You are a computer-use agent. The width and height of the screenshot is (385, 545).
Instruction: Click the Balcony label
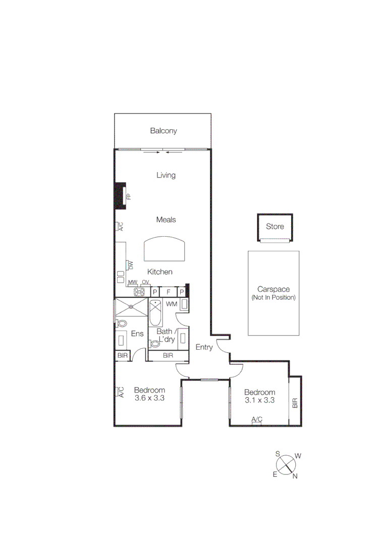tap(163, 131)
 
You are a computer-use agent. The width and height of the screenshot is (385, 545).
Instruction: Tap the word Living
tap(166, 175)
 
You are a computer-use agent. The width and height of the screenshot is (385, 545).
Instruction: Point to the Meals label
tap(166, 220)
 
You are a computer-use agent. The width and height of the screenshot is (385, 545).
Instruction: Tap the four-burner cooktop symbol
tap(139, 292)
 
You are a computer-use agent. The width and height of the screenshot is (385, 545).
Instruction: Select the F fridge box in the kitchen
tap(169, 292)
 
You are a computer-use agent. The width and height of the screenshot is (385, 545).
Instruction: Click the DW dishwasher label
tap(130, 264)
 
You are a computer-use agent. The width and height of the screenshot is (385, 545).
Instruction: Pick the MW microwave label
tap(132, 282)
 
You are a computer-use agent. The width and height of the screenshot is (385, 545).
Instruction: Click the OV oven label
tap(145, 282)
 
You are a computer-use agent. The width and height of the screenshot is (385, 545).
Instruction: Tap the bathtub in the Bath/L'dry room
tap(155, 312)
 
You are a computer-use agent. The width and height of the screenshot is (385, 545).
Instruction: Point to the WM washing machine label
tap(172, 304)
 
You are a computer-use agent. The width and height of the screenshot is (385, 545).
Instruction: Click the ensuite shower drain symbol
tap(131, 306)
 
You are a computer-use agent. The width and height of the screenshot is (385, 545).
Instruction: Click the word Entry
tap(204, 347)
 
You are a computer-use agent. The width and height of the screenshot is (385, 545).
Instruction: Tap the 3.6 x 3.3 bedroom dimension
tap(150, 398)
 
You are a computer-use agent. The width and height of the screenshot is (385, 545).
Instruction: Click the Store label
tap(275, 227)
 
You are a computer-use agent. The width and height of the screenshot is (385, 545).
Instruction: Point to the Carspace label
tap(273, 289)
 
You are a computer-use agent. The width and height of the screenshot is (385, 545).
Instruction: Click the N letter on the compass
tap(295, 475)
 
